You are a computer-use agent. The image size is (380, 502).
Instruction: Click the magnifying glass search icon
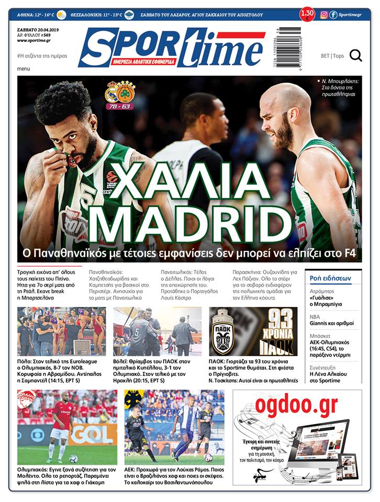pos(356,55)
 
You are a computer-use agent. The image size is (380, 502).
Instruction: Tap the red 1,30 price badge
pos(308,14)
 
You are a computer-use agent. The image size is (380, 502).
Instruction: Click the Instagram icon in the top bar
pos(324,15)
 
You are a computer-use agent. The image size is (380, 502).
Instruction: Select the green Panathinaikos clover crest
pos(126,92)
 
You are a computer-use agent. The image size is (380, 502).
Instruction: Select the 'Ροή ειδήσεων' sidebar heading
pos(330,278)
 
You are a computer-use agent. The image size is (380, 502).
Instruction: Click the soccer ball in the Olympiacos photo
pos(73,459)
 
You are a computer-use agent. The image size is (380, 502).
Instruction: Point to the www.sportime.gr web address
pos(33,40)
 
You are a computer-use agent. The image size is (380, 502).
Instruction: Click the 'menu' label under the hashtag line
pos(24,69)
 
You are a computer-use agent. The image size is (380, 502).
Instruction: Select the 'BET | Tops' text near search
pos(332,55)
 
